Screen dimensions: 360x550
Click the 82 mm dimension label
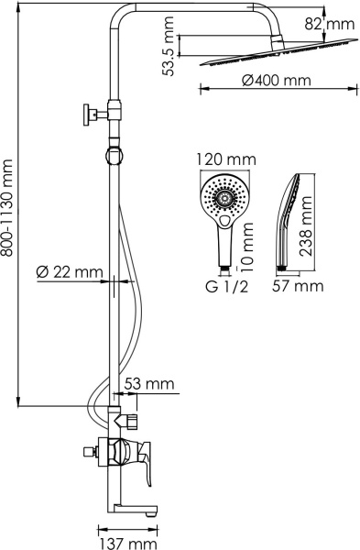coord(329,24)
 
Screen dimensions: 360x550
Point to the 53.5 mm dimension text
coord(168,47)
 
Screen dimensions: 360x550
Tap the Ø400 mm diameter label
coord(277,81)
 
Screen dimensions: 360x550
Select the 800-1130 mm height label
coord(7,208)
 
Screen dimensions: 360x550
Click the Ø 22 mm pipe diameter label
coord(70,272)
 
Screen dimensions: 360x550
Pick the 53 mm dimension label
coord(149,383)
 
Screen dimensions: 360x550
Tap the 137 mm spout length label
coord(128,544)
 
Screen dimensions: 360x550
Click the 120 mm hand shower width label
coord(226,159)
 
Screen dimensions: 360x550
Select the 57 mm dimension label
coord(298,286)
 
